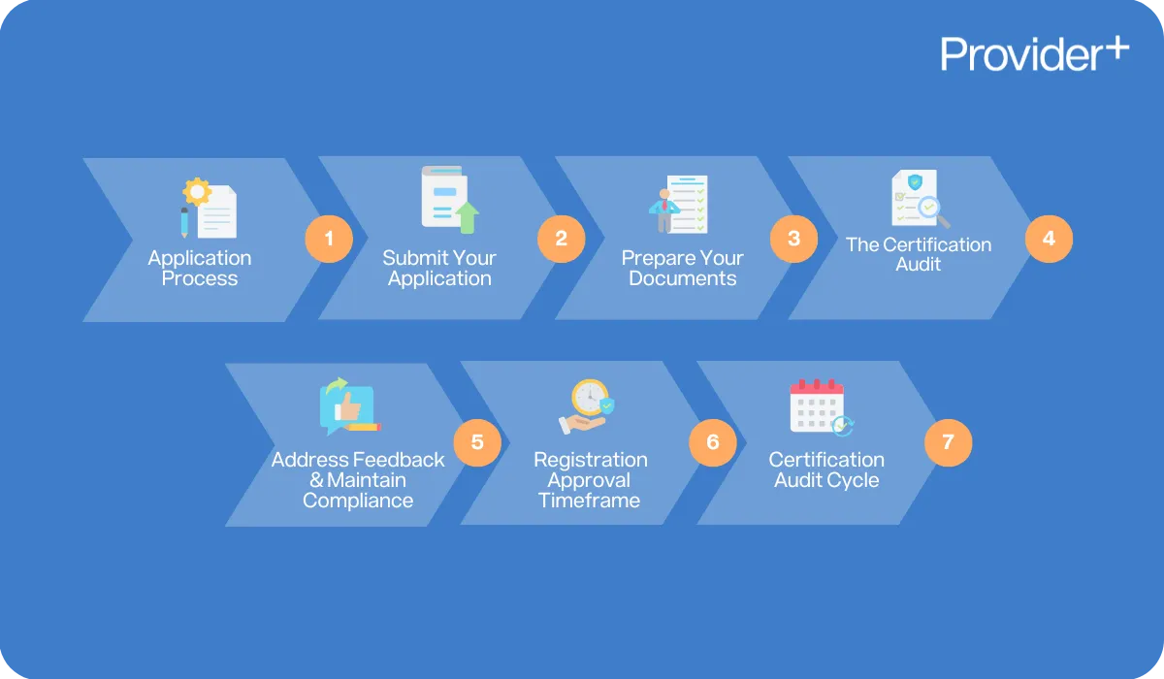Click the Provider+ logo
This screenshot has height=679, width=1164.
(x=1034, y=53)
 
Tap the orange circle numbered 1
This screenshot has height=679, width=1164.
(x=330, y=239)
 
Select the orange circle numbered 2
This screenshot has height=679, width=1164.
(x=562, y=239)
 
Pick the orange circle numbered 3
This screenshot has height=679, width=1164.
(x=794, y=239)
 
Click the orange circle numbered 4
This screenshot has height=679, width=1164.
(x=1049, y=238)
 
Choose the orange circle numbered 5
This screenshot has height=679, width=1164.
(x=477, y=442)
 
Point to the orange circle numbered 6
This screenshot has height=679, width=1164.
(x=713, y=442)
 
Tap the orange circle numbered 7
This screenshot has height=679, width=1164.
(x=948, y=442)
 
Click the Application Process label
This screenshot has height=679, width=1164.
(x=200, y=269)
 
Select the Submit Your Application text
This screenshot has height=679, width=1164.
(x=439, y=269)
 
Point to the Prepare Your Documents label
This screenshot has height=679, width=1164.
(x=683, y=269)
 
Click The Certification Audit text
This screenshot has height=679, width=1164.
(x=919, y=254)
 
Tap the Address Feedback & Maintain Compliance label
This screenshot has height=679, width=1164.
(x=358, y=480)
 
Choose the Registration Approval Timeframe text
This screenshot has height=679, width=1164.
(x=590, y=480)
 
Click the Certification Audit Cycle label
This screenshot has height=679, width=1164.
(x=826, y=469)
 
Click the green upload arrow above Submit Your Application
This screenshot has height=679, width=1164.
(x=468, y=216)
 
